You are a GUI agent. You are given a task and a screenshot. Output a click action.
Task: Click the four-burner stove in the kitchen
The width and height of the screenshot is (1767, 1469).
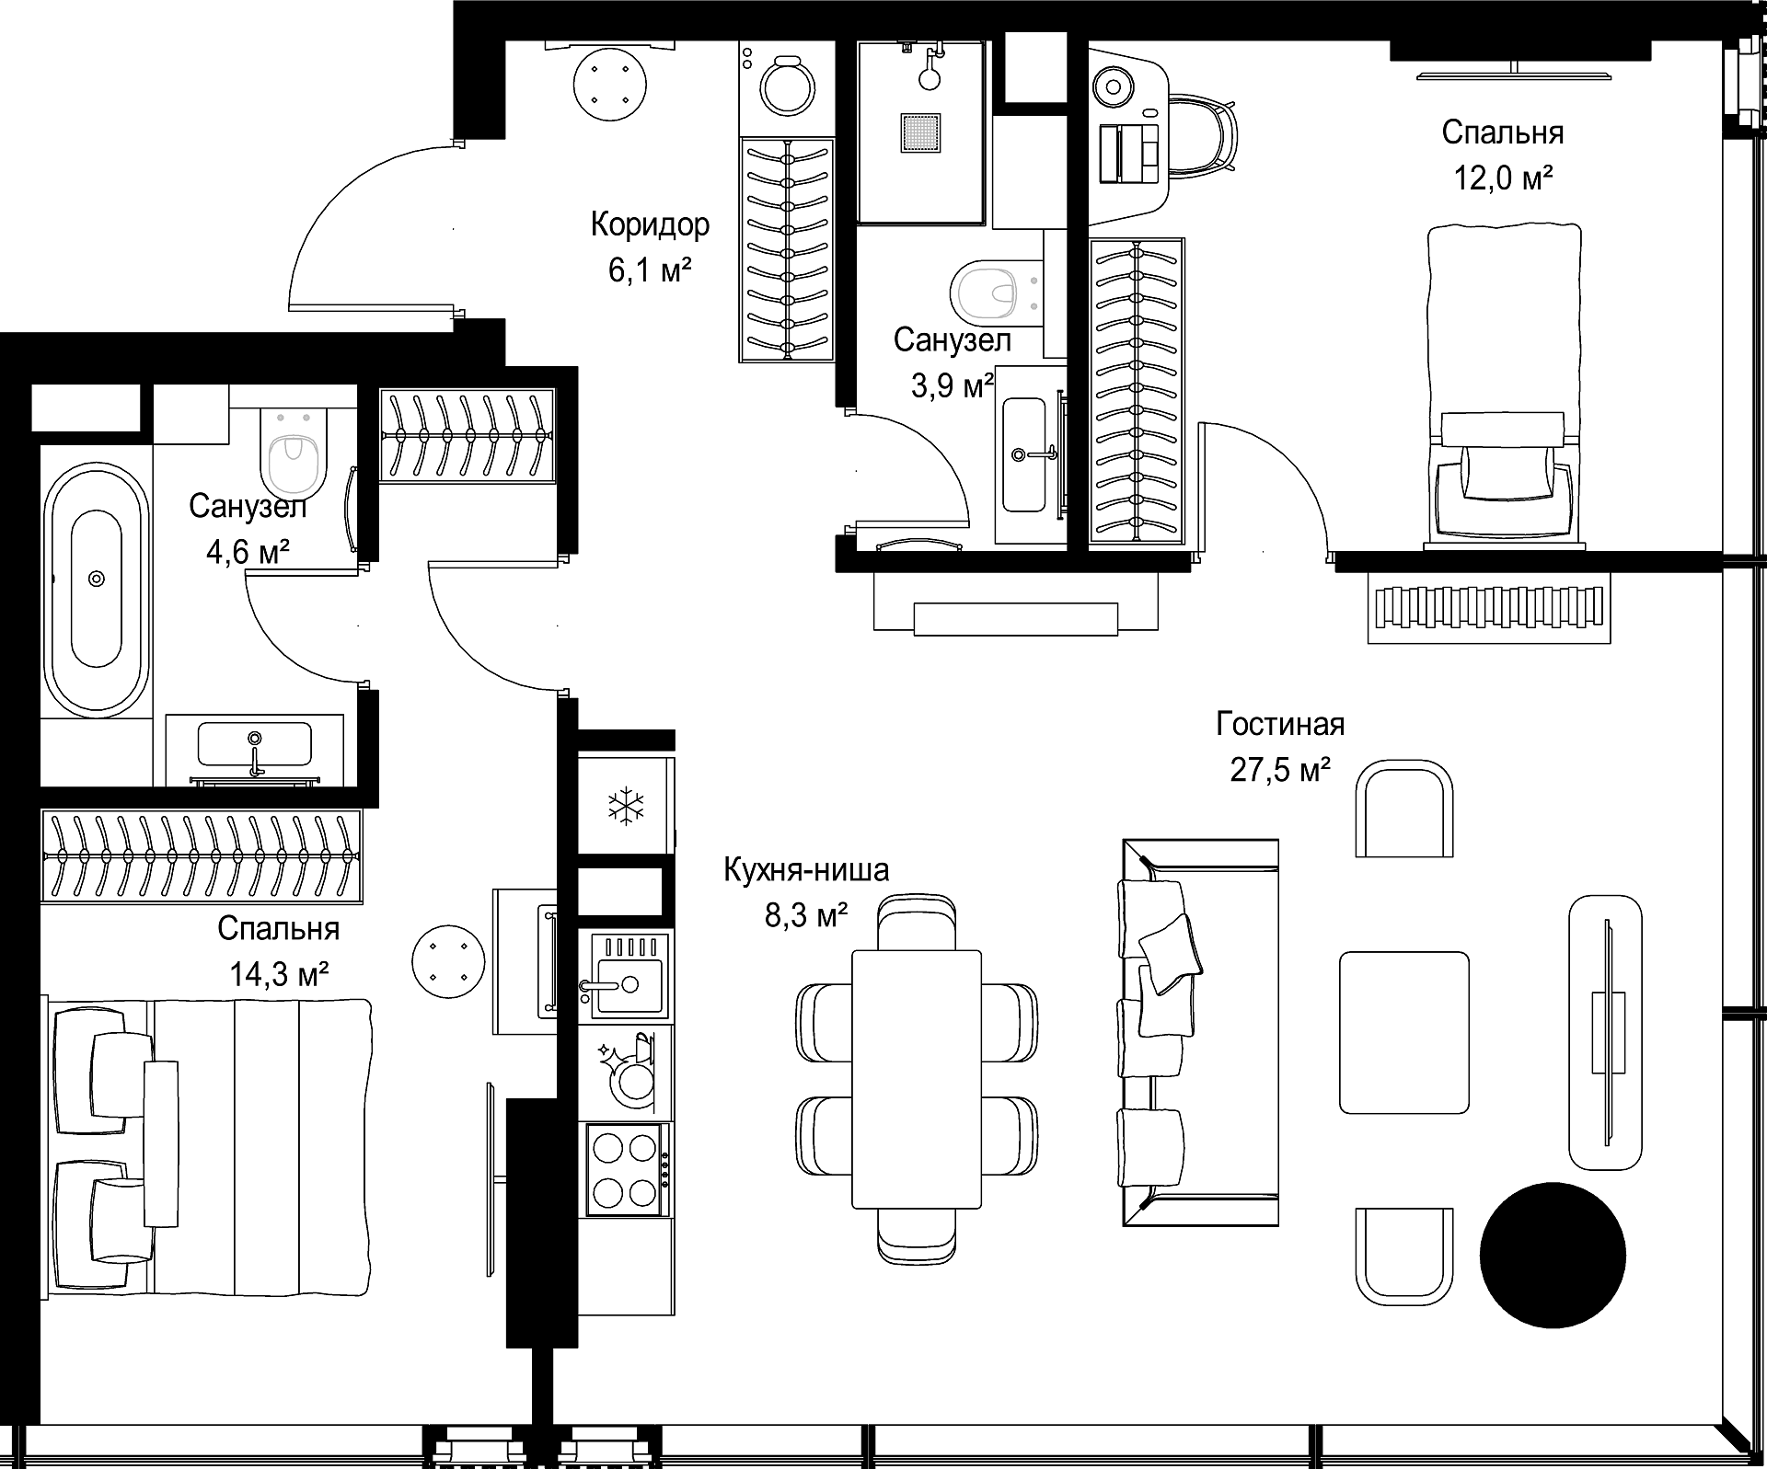point(625,1169)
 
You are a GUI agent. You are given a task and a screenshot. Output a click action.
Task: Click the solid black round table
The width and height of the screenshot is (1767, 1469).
point(1553,1255)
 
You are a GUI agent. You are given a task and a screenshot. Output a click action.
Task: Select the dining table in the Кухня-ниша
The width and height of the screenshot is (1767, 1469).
point(917,1079)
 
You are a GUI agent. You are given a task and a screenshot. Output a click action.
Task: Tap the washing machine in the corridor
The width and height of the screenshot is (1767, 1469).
point(787,88)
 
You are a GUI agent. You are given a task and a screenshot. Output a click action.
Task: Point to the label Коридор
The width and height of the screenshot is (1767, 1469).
point(650,224)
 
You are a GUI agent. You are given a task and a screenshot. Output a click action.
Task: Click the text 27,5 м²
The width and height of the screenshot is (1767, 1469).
point(1280,769)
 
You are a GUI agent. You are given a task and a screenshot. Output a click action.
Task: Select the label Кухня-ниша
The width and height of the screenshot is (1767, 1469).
point(806,869)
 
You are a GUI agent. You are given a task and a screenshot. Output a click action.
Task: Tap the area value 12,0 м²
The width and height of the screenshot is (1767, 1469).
point(1503,178)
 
